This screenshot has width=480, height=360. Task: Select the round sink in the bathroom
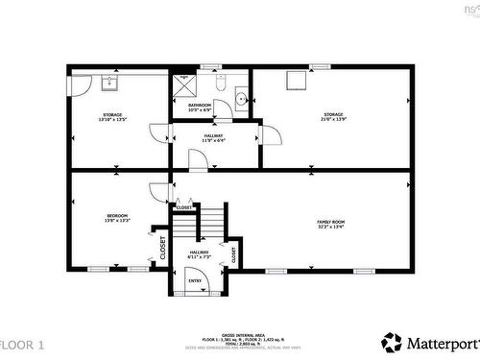pyautogui.click(x=240, y=97)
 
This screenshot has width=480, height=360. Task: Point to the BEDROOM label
pyautogui.click(x=116, y=218)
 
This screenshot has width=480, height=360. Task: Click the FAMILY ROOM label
pyautogui.click(x=331, y=225)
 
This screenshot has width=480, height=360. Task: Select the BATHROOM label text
pyautogui.click(x=200, y=107)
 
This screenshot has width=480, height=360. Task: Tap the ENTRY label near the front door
pyautogui.click(x=195, y=281)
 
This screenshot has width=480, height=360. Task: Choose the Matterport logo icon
pyautogui.click(x=391, y=341)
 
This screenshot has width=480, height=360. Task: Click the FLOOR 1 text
pyautogui.click(x=22, y=344)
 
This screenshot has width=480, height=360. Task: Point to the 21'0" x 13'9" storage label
pyautogui.click(x=333, y=118)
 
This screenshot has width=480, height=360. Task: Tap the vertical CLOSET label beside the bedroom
pyautogui.click(x=162, y=247)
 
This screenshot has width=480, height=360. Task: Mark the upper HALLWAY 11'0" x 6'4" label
pyautogui.click(x=213, y=138)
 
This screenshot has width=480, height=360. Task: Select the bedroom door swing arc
pyautogui.click(x=157, y=193)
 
